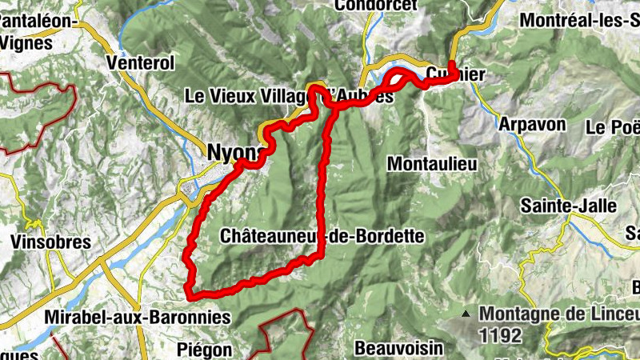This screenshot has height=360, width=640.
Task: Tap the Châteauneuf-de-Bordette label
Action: click(x=321, y=236)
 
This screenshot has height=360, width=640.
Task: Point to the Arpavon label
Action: click(x=531, y=124)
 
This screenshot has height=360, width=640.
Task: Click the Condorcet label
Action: click(x=376, y=6)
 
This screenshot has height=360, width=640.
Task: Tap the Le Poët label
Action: click(x=614, y=127)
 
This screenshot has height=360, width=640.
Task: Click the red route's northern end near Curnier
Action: click(x=451, y=64)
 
